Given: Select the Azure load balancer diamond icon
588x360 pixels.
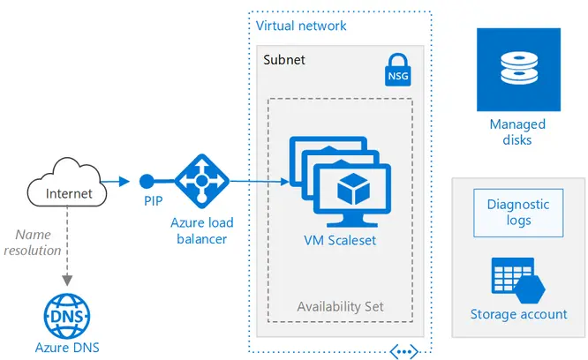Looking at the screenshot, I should pos(201,182).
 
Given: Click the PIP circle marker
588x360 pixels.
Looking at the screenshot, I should pos(147,182).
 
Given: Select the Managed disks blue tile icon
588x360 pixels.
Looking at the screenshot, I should pos(518,70).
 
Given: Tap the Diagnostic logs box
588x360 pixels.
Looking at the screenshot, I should pos(518,212).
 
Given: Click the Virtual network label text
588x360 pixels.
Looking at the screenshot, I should pos(301,26).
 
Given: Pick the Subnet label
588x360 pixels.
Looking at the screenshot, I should pos(284,59).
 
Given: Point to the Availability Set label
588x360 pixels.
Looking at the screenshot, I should pos(340,307).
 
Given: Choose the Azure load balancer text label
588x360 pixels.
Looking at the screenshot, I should pos(202,230).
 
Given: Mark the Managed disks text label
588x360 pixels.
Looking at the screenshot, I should pos(517,131).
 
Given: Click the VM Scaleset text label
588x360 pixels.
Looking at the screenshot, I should pos(340,239).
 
